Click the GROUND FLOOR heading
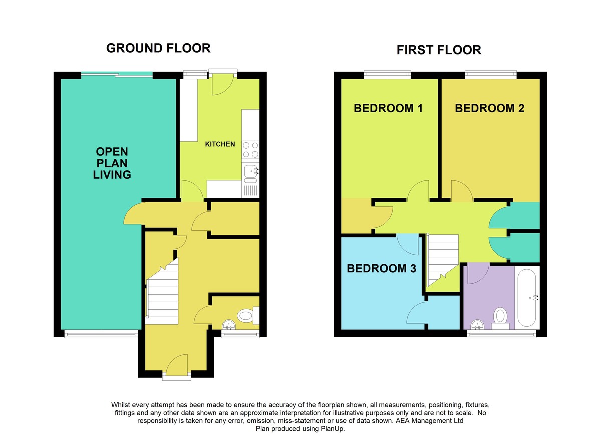click(158, 48)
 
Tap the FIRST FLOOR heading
click(439, 50)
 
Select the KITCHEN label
click(220, 144)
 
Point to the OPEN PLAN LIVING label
click(112, 163)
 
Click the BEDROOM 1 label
click(388, 108)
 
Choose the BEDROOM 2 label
click(489, 108)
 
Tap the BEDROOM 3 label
click(381, 268)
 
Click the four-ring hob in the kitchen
click(250, 150)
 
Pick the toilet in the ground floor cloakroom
click(248, 316)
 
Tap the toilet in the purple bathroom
click(500, 318)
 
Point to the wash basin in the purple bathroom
click(477, 325)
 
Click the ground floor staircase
click(162, 292)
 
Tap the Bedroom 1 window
click(387, 74)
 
